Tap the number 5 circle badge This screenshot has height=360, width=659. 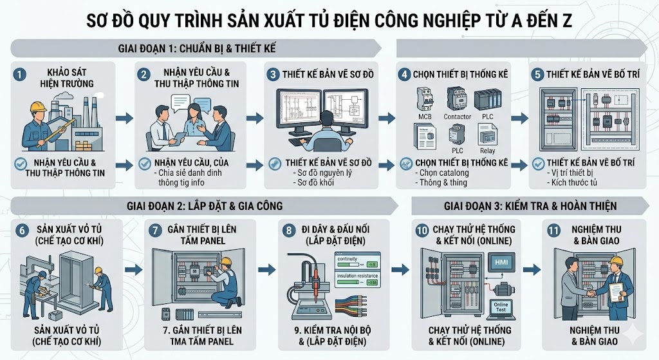pos(535,74)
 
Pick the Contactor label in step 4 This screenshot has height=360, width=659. pos(457,117)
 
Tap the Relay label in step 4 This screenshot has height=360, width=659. pos(487,151)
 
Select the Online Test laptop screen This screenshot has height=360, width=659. pos(501,307)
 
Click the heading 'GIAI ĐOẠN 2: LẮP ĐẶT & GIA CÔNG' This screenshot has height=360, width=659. pos(205,206)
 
